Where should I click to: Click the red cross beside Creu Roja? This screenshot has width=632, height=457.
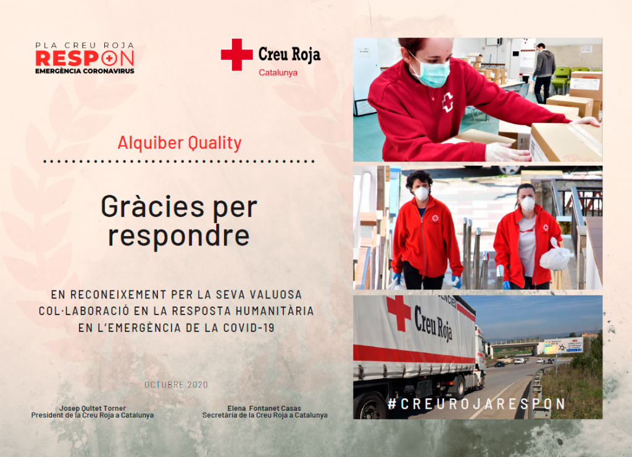pyautogui.click(x=236, y=54)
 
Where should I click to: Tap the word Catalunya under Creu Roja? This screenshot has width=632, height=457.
pyautogui.click(x=278, y=73)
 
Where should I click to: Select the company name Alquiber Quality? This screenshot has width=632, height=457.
pyautogui.click(x=180, y=142)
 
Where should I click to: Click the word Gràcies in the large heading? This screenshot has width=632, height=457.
pyautogui.click(x=153, y=207)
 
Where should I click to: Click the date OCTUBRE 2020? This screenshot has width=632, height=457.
pyautogui.click(x=176, y=384)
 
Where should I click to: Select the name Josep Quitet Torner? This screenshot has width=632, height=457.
pyautogui.click(x=93, y=408)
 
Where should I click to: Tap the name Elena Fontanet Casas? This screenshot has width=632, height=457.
pyautogui.click(x=264, y=408)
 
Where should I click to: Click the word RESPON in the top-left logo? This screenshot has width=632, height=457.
pyautogui.click(x=85, y=59)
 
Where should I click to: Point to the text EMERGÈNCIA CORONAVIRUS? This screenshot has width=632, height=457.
pyautogui.click(x=85, y=71)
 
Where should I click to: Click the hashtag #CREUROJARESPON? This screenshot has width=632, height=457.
pyautogui.click(x=477, y=404)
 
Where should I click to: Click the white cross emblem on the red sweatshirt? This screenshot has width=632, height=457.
pyautogui.click(x=447, y=102)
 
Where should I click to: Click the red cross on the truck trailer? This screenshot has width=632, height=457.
pyautogui.click(x=399, y=313)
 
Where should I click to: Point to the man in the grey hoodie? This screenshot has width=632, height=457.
pyautogui.click(x=544, y=73)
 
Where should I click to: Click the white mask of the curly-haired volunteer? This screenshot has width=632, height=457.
pyautogui.click(x=422, y=194)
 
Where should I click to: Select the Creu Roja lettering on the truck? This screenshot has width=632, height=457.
pyautogui.click(x=433, y=323)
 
